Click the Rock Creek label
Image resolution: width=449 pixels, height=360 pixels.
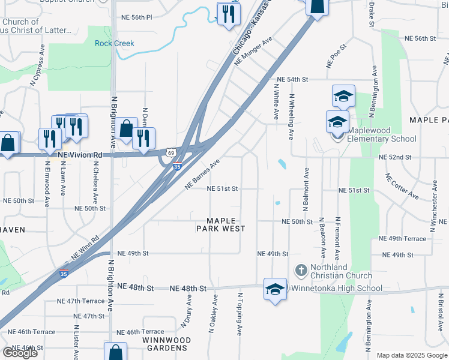coord(115,43)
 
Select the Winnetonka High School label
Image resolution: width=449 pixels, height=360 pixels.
coord(337,288)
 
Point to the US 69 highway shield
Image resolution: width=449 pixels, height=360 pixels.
coord(172,154)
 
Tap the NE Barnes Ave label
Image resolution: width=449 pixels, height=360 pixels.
coord(203,175)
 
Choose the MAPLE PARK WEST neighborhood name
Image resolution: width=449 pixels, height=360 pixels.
coord(221,224)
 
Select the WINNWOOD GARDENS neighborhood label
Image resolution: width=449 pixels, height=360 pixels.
coord(166,344)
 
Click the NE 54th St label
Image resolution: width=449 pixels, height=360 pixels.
coord(292,79)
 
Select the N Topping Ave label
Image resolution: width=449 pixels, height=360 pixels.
coord(239,314)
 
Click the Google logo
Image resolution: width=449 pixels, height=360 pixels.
coord(20,353)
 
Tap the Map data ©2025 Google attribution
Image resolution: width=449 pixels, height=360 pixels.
coord(412,355)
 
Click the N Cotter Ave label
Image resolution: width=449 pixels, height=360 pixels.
coord(402,187)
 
